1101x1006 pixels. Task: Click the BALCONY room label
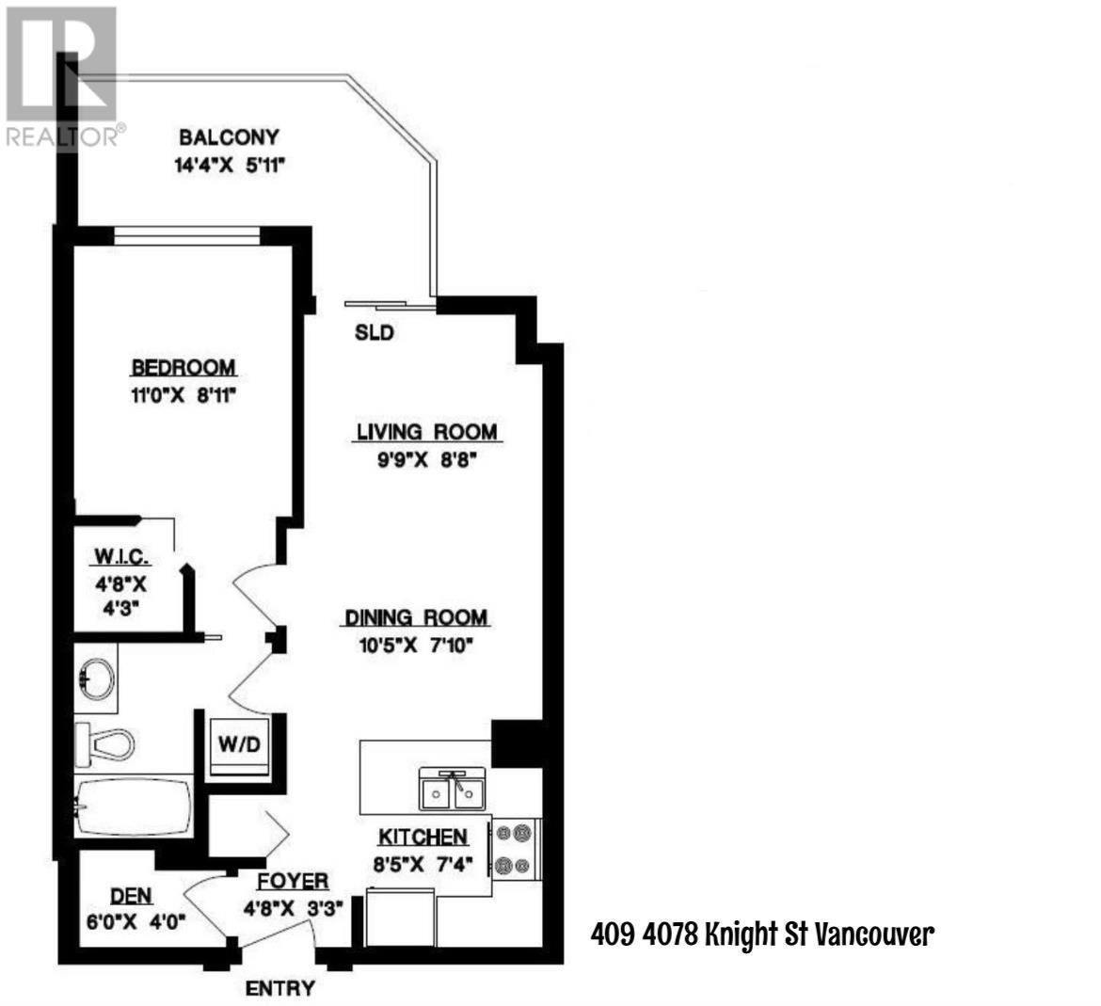(230, 137)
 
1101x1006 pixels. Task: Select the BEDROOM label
(183, 367)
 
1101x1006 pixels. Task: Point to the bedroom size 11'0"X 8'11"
(183, 395)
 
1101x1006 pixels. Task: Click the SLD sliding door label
(374, 333)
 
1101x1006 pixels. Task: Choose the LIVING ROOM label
(425, 432)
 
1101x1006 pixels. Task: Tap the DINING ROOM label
(416, 617)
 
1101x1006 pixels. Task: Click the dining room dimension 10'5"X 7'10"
(407, 646)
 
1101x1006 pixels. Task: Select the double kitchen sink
(453, 791)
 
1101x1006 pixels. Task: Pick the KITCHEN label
(423, 837)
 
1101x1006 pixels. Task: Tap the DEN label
(132, 896)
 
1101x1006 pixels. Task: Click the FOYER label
(294, 881)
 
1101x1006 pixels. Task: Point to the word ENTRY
(279, 988)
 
